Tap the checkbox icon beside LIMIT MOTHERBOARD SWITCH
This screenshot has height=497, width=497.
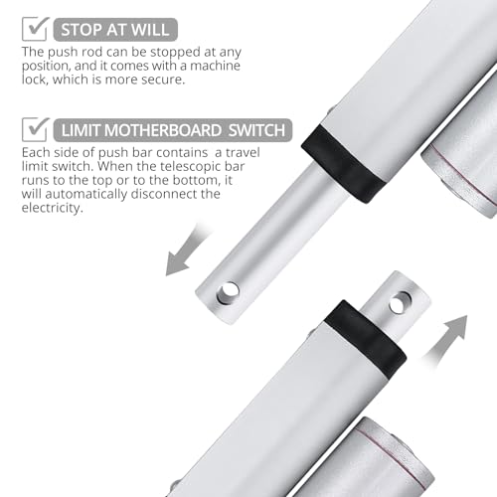(34, 129)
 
